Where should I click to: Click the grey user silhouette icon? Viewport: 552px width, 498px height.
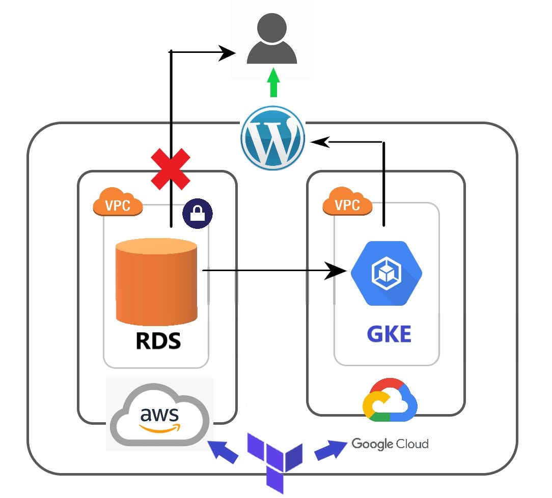[x=272, y=40]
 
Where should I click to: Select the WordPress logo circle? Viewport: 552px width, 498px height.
[x=273, y=137]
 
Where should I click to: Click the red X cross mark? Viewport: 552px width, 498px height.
[x=170, y=170]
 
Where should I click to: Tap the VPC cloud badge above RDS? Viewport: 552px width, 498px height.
[x=118, y=203]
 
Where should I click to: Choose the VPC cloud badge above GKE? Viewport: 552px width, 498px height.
[x=348, y=203]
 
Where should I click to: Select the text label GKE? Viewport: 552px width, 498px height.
[x=389, y=335]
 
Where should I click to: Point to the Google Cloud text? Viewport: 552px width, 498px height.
[x=390, y=444]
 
